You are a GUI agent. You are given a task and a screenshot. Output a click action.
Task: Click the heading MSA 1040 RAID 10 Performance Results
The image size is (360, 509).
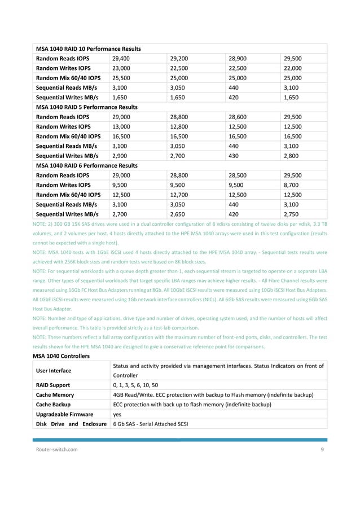(88, 49)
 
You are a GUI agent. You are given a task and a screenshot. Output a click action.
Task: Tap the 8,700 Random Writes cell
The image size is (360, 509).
(292, 185)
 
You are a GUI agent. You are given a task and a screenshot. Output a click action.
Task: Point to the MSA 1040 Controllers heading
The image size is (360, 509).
(63, 356)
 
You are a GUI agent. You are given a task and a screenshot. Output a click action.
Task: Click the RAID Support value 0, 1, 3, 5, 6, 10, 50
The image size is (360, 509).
(144, 385)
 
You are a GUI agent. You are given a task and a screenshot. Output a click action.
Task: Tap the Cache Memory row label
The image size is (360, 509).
(55, 395)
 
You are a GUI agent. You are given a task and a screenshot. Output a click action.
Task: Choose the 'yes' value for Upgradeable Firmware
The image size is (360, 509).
(118, 414)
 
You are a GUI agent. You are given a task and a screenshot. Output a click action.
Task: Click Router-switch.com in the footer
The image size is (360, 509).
(55, 449)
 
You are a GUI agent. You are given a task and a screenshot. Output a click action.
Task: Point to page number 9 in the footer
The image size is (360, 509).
(322, 449)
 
